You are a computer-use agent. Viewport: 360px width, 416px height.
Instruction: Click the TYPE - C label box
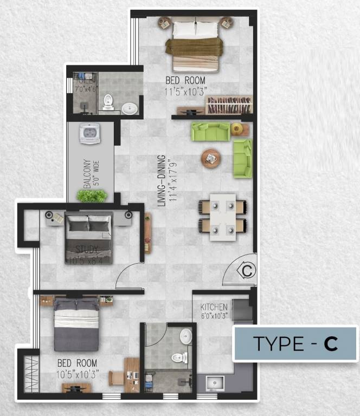point(295,343)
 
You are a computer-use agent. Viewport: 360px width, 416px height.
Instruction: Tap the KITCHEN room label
point(214,307)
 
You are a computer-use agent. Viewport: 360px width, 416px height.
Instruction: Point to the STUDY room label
point(87,250)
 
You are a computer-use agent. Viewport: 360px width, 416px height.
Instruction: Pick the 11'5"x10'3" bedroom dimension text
point(186,91)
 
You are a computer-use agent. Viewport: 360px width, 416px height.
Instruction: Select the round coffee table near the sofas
point(210,158)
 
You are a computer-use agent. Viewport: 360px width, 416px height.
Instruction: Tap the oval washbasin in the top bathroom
point(130,108)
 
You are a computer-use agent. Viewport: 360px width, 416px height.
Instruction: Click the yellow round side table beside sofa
point(237,128)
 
